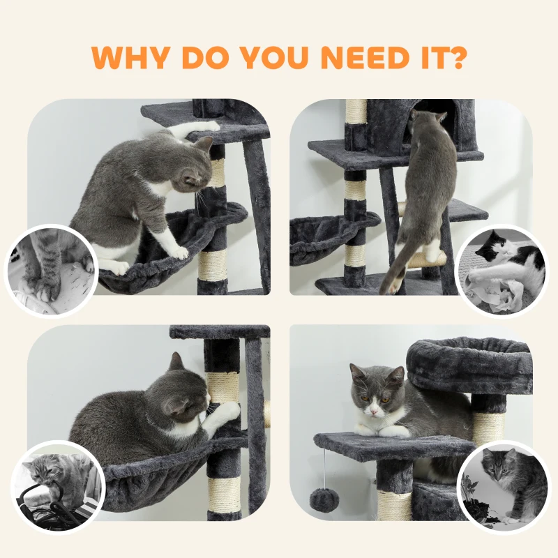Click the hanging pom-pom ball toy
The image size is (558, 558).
pyautogui.click(x=324, y=500)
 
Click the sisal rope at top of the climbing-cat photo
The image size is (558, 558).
pyautogui.click(x=356, y=111)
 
